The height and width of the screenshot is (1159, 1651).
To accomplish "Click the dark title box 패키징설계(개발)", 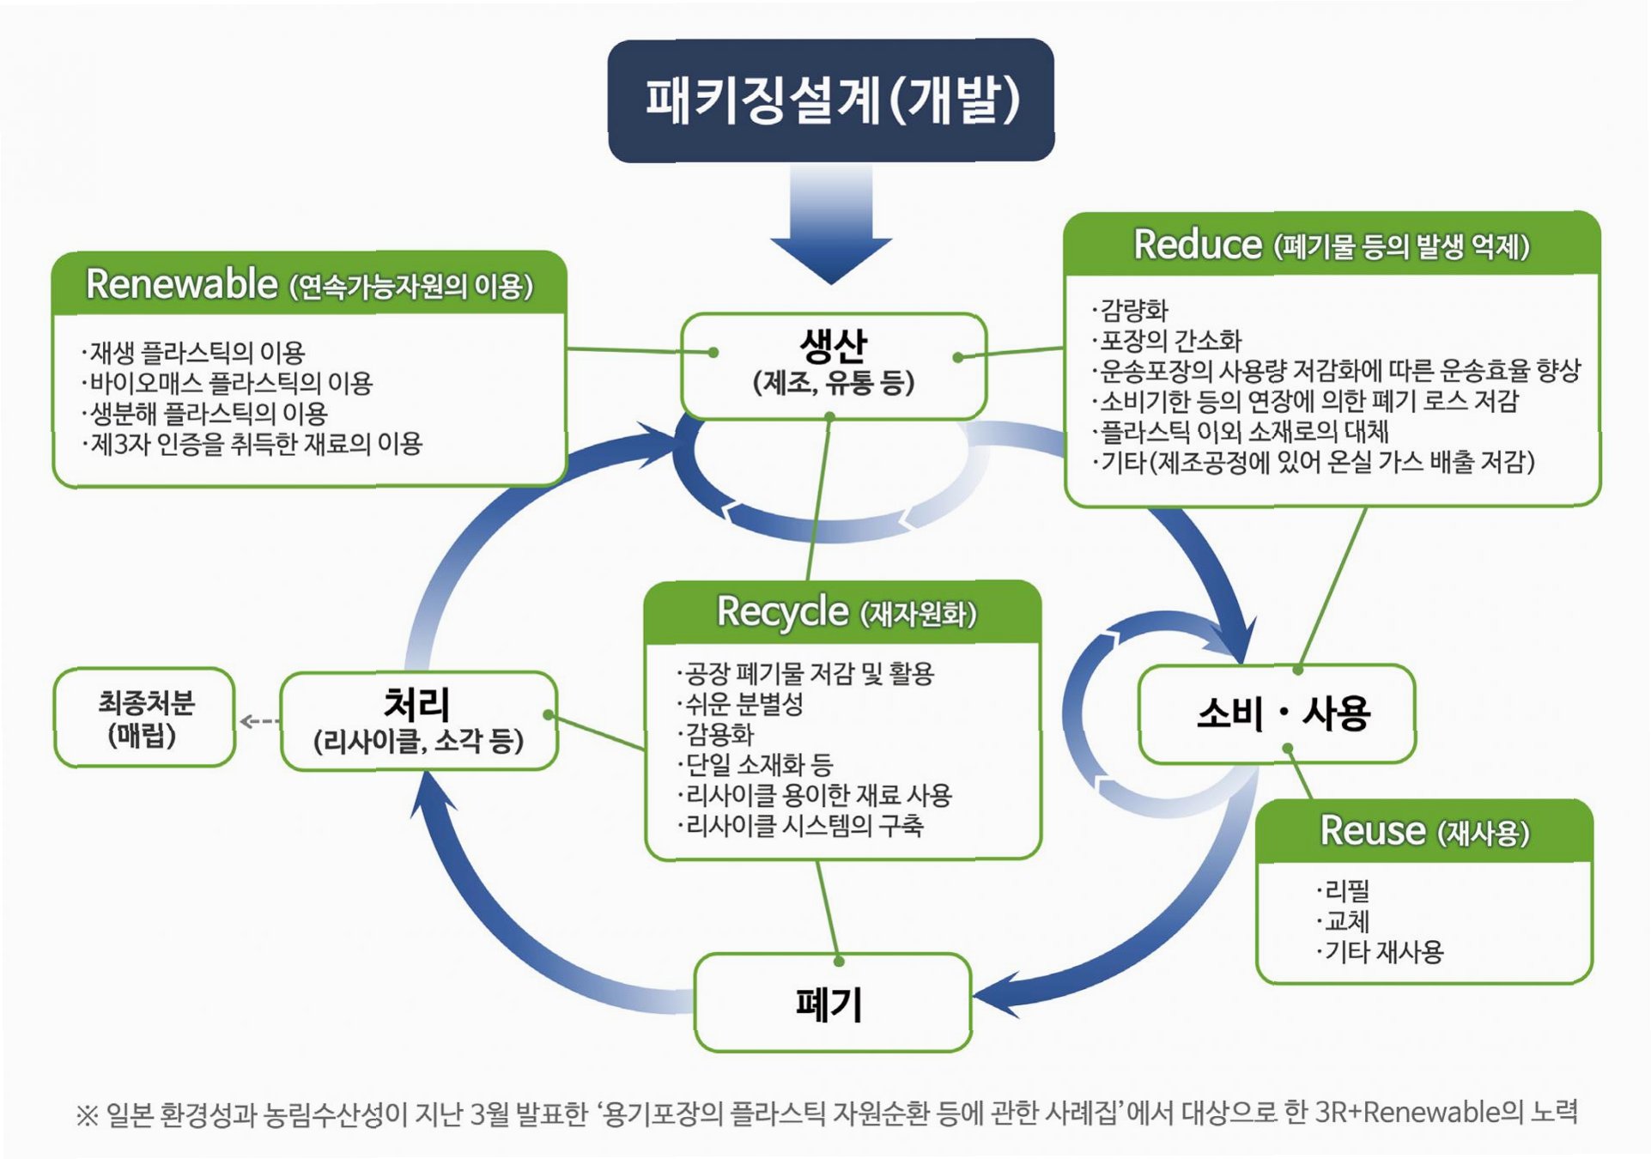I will pos(830,100).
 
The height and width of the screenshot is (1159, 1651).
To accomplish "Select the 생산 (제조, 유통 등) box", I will pos(833,365).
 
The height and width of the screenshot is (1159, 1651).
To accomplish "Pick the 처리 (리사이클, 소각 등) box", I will pos(418,721).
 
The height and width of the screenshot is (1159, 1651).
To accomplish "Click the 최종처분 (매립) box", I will pos(144,718).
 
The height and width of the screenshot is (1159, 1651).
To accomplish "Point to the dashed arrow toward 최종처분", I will pos(258,721).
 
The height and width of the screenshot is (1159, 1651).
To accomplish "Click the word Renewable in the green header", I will pos(182,284).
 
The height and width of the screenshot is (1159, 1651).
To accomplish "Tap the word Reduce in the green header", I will pos(1197,245).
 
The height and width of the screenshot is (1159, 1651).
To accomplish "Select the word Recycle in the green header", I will pos(782,612).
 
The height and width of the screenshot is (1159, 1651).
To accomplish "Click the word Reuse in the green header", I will pos(1372,831).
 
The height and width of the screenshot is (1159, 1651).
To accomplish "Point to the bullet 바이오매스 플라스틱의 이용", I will pos(230,383).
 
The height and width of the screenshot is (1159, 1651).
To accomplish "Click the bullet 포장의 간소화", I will pos(1170,341).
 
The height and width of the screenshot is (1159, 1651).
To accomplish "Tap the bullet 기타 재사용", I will pos(1383,951).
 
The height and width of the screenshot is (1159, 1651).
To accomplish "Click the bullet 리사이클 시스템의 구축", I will pos(804,826).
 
